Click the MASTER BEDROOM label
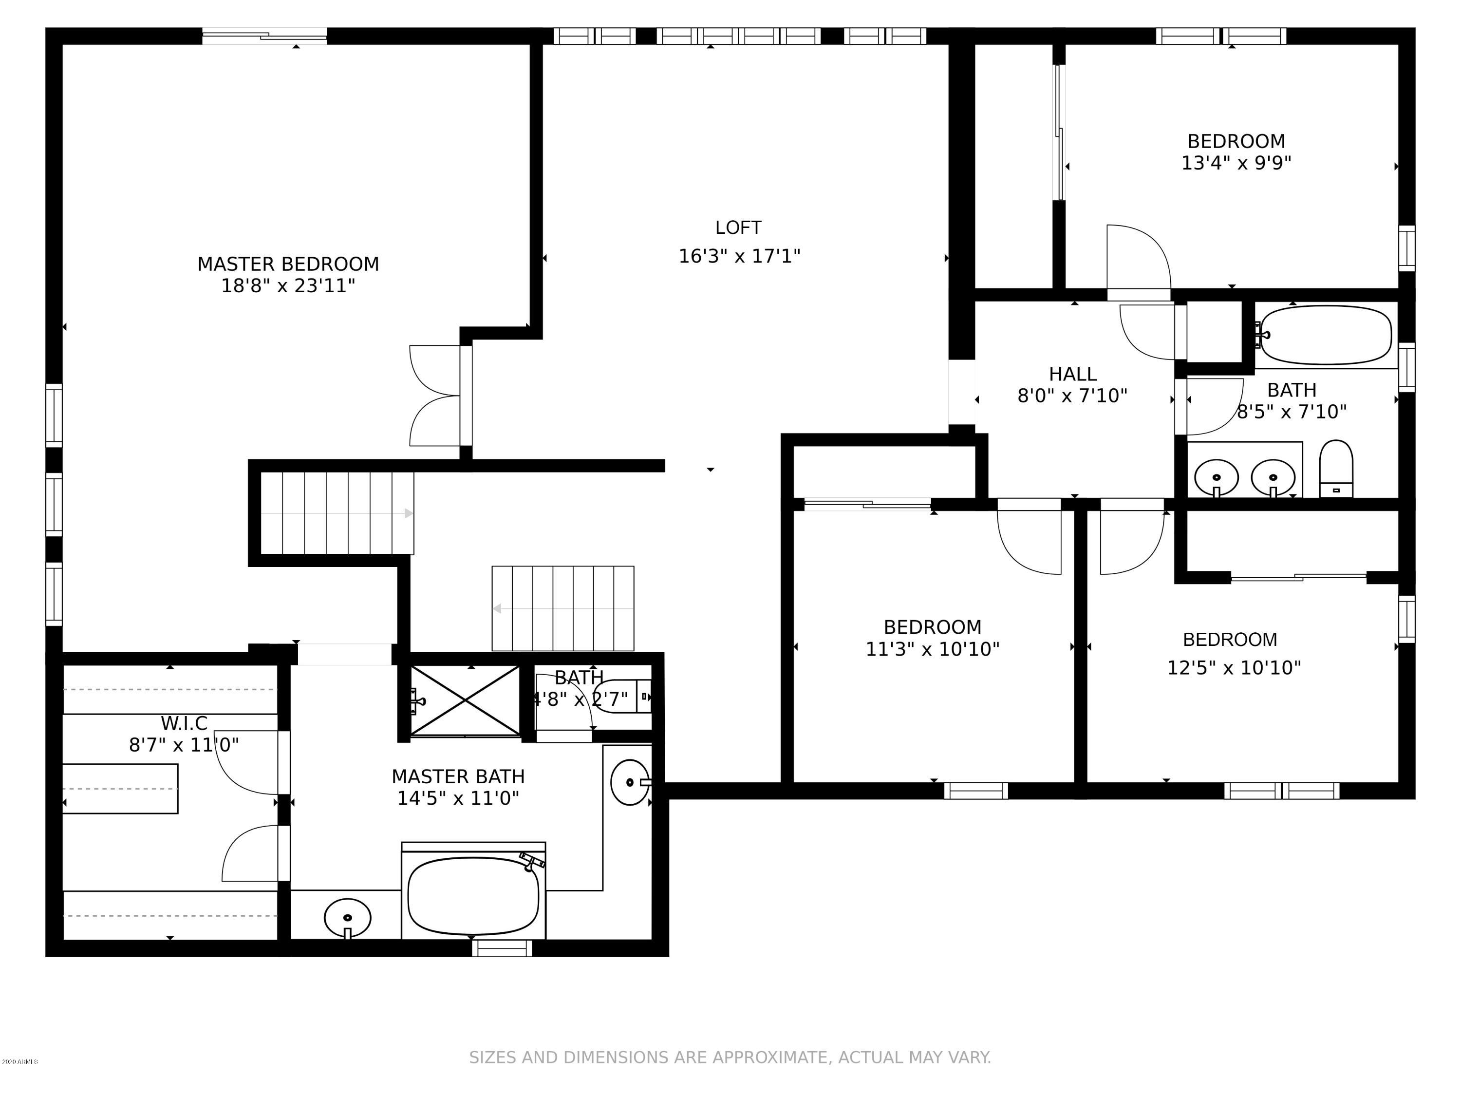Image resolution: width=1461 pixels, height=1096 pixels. coord(288,264)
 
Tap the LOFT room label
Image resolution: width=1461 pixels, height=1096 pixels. coord(738,228)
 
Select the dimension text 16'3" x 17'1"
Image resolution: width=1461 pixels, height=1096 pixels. coord(740,256)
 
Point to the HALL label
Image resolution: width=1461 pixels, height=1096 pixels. coord(1073,375)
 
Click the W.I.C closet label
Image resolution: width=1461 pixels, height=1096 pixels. coord(184,723)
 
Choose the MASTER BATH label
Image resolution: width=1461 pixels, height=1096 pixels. coord(458,776)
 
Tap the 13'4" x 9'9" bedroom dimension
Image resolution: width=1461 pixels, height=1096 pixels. coord(1236,163)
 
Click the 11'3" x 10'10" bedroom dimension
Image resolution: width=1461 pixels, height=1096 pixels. coord(932,649)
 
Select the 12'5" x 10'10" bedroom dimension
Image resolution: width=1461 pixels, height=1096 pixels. coord(1234,668)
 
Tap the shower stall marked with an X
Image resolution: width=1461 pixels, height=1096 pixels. coord(465,700)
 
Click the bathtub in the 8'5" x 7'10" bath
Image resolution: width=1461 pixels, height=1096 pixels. coord(1326,335)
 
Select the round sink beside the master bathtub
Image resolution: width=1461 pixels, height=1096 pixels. coord(347,918)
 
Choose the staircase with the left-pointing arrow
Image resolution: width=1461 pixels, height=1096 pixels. coord(563,608)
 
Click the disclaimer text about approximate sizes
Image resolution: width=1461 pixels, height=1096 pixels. coord(730,1058)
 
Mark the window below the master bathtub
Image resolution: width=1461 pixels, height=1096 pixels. coord(502,948)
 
